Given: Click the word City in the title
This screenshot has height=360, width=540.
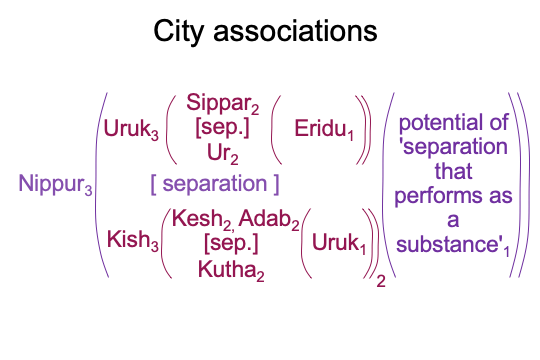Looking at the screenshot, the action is [178, 32].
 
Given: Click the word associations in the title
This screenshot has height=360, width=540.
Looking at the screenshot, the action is [295, 31].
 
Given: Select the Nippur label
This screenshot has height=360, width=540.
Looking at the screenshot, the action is [55, 184].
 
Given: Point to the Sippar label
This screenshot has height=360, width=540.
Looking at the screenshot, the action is [222, 103].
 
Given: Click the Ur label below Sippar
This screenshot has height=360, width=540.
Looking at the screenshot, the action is [222, 154].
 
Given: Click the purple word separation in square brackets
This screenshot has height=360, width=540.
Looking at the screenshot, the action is [215, 183].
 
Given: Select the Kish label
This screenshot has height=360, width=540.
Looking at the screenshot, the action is [133, 240].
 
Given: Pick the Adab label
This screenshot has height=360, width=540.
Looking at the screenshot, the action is [269, 219].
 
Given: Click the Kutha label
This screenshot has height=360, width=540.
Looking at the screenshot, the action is [231, 270].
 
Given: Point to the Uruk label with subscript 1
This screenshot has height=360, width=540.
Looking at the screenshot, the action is [339, 244].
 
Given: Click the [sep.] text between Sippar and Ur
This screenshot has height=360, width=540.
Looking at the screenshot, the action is [222, 128].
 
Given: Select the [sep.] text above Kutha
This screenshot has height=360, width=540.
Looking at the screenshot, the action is [231, 244].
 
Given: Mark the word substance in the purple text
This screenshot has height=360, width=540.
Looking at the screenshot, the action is [447, 244].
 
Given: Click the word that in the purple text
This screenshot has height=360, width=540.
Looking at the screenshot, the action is [453, 171].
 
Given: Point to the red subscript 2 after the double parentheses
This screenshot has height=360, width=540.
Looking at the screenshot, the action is [381, 281].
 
